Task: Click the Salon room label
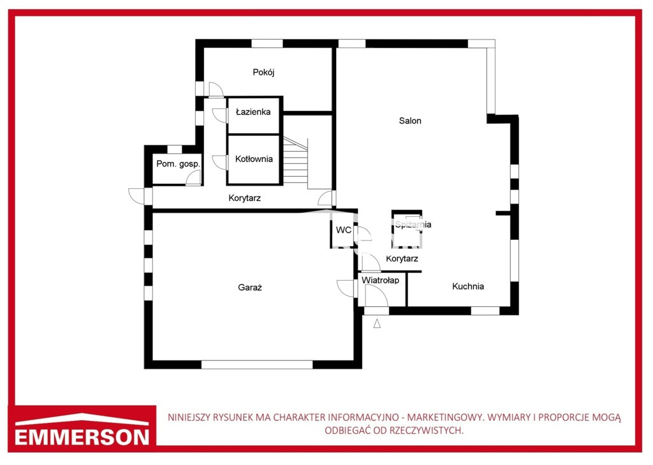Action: click(x=410, y=121)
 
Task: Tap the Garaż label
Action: click(x=250, y=288)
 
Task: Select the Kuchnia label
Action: click(x=467, y=286)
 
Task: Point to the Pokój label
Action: click(x=263, y=73)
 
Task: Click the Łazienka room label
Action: click(x=253, y=112)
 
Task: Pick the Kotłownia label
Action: click(x=254, y=159)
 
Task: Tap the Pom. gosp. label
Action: click(x=178, y=164)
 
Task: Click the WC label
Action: click(x=344, y=230)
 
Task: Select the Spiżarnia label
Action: click(x=413, y=225)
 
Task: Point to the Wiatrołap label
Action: click(x=380, y=280)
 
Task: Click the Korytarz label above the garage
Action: click(x=244, y=198)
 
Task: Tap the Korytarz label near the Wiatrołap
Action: click(x=402, y=259)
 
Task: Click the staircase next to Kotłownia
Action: click(x=296, y=163)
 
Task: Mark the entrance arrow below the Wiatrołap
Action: click(x=377, y=323)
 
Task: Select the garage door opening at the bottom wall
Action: click(x=257, y=365)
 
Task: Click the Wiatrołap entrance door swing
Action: click(x=376, y=296)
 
